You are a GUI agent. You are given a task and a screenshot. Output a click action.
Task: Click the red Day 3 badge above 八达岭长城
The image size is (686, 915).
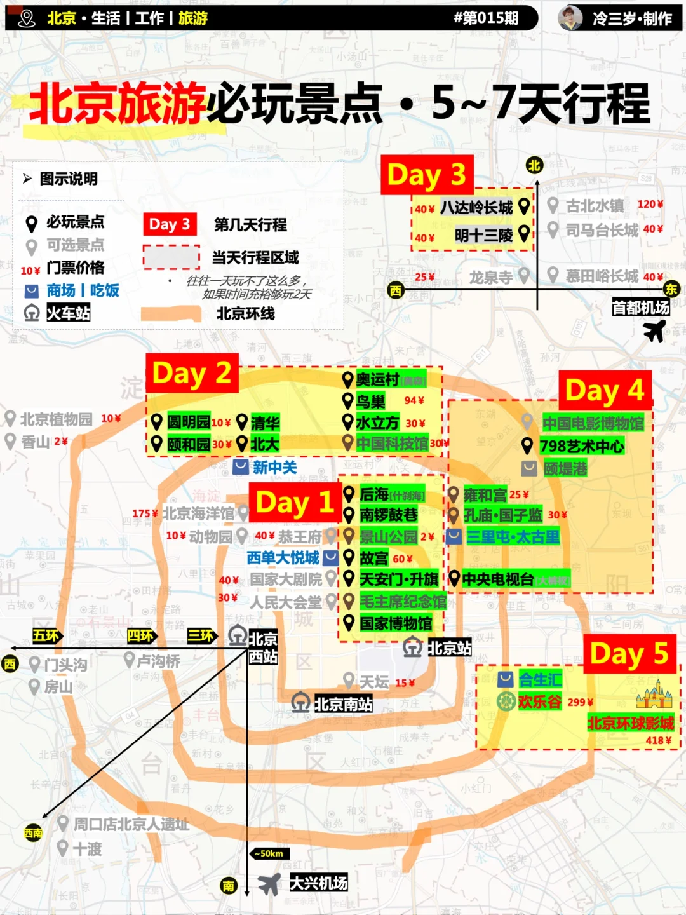(x=427, y=175)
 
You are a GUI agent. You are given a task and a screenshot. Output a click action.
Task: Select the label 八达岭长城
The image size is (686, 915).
(x=476, y=207)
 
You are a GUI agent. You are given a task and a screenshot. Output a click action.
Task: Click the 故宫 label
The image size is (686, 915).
(x=373, y=559)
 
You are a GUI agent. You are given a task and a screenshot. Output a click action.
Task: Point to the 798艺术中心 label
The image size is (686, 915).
(x=581, y=446)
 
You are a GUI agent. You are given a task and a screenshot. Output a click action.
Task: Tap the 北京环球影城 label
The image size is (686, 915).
(x=630, y=723)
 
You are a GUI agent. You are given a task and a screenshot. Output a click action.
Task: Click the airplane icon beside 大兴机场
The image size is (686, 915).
(x=269, y=883)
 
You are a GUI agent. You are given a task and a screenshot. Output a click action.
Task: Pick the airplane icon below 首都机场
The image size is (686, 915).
(x=654, y=330)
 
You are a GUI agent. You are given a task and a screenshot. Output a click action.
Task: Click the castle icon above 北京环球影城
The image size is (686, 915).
(x=654, y=695)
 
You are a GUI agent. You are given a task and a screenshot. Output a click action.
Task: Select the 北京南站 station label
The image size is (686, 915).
(x=343, y=704)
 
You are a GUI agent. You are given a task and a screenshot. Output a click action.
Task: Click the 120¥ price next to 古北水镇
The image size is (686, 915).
(x=650, y=204)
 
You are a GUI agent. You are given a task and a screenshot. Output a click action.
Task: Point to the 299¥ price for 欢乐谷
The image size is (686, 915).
(x=581, y=702)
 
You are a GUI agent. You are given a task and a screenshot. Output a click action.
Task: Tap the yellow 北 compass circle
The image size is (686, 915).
(x=534, y=166)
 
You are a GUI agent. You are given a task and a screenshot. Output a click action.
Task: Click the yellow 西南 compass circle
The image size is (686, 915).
(x=33, y=833)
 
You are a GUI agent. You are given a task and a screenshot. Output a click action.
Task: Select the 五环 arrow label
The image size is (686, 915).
(x=46, y=635)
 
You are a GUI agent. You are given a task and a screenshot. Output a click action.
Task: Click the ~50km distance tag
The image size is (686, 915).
(x=271, y=853)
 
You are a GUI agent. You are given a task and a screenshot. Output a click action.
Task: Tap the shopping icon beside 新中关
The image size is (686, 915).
(x=241, y=467)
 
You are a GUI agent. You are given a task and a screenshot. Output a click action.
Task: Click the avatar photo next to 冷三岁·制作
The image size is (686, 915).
(x=570, y=18)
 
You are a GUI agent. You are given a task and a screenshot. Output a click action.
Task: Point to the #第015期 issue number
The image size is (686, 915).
(x=486, y=18)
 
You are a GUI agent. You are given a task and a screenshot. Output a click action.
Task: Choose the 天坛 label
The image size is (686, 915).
(x=373, y=682)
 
